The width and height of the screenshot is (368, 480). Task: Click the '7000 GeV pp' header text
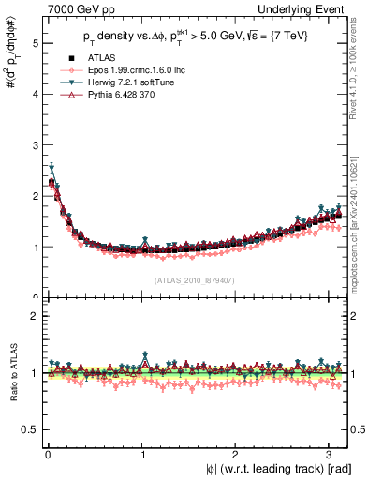pos(64,8)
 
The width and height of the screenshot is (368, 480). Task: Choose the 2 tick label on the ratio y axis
pos(32,316)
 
